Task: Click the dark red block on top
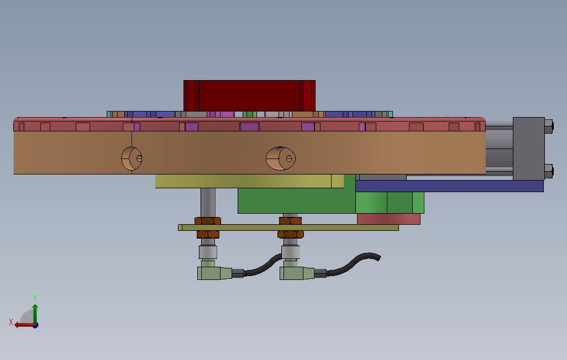[x=249, y=96]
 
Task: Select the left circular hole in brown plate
[x=132, y=158]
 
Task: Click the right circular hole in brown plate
[x=280, y=158]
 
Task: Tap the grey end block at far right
[x=528, y=147]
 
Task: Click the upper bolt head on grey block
[x=548, y=127]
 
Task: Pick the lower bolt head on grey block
[x=548, y=171]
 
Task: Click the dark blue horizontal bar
[x=449, y=186]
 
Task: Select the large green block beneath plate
[x=296, y=201]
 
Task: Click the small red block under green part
[x=389, y=219]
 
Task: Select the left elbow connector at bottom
[x=212, y=273]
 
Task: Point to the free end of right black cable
[x=377, y=257]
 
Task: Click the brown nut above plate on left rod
[x=208, y=221]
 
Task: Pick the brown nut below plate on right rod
[x=291, y=234]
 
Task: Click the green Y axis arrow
[x=35, y=309]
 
